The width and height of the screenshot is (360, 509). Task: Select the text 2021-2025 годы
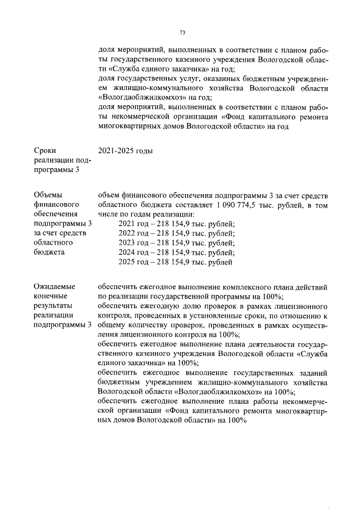click(125, 151)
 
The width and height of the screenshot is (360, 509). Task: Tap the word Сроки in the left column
click(44, 151)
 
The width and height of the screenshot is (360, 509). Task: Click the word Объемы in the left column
click(48, 195)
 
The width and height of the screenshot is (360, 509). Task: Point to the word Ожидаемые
click(54, 287)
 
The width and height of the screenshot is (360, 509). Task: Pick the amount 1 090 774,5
click(235, 205)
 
